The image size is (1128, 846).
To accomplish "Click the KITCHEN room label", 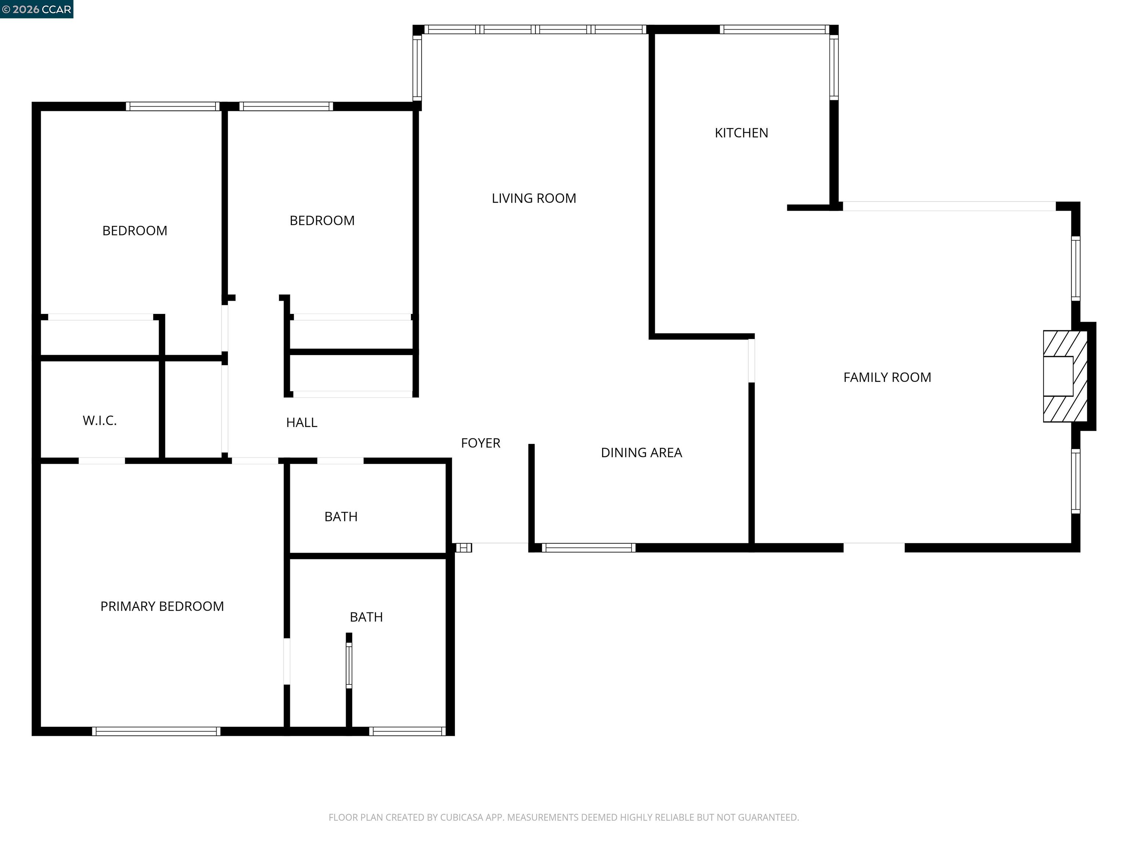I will pyautogui.click(x=741, y=133).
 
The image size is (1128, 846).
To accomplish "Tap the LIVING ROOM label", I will pyautogui.click(x=534, y=198).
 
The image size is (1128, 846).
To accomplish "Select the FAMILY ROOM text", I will pyautogui.click(x=887, y=377).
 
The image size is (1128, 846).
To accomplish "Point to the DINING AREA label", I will pyautogui.click(x=641, y=453).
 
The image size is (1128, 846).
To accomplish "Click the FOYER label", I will pyautogui.click(x=480, y=443).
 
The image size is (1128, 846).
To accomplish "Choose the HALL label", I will pyautogui.click(x=301, y=423).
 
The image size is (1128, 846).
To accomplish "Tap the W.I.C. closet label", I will pyautogui.click(x=100, y=421).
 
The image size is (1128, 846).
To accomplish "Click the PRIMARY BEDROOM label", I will pyautogui.click(x=162, y=606).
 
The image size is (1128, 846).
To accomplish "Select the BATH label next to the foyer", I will pyautogui.click(x=341, y=517).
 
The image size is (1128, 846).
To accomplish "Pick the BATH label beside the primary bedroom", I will pyautogui.click(x=366, y=617).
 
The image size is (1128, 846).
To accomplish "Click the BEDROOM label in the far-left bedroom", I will pyautogui.click(x=135, y=231).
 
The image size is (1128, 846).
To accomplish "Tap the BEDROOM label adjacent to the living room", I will pyautogui.click(x=322, y=221).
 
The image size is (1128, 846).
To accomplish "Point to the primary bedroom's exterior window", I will pyautogui.click(x=156, y=731).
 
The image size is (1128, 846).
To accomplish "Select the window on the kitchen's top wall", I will pyautogui.click(x=774, y=30).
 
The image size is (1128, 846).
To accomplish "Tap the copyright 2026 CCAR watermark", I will pyautogui.click(x=37, y=9).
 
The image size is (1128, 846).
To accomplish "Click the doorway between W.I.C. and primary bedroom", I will pyautogui.click(x=101, y=461).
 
